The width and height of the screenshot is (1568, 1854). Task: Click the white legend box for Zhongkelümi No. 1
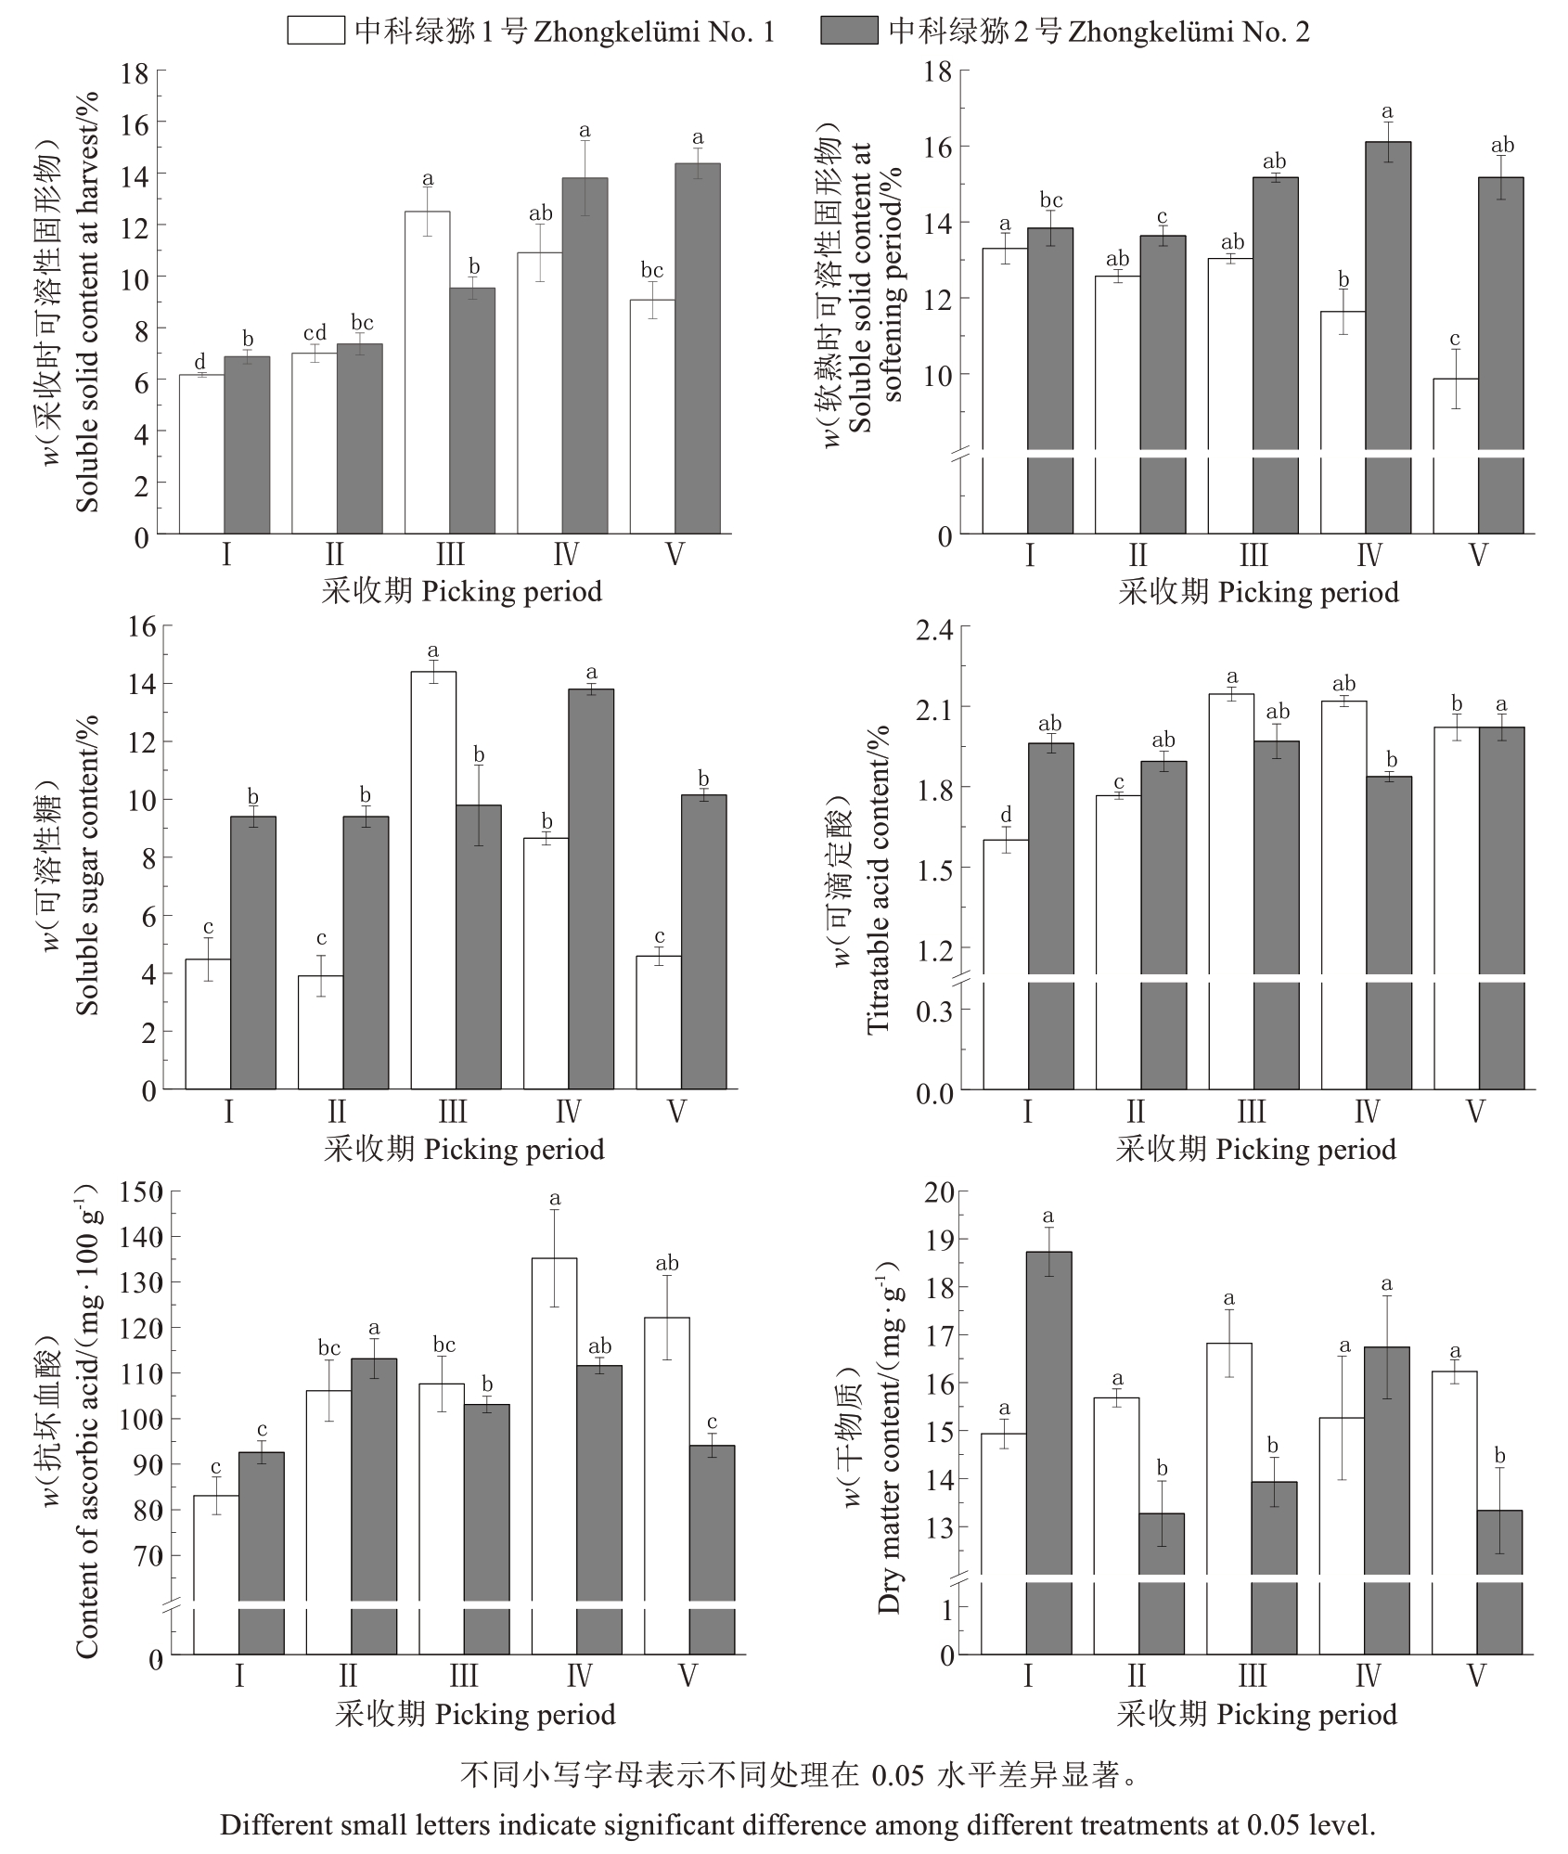pyautogui.click(x=315, y=30)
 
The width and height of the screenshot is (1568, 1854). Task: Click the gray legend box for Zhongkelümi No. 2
pyautogui.click(x=849, y=30)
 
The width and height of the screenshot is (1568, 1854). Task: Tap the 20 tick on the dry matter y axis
pyautogui.click(x=940, y=1191)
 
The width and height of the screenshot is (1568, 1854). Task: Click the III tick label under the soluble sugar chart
pyautogui.click(x=452, y=1111)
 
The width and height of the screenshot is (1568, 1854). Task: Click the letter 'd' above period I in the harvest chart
pyautogui.click(x=200, y=361)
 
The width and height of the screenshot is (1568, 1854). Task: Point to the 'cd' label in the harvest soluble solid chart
pyautogui.click(x=315, y=333)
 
